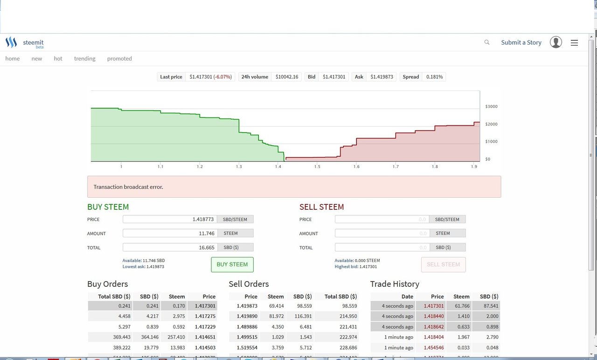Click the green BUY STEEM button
pos(232,264)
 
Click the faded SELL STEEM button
pos(443,264)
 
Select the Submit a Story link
pos(521,42)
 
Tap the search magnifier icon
pos(487,42)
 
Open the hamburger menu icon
pos(574,43)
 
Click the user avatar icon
pos(555,42)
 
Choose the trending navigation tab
pos(84,59)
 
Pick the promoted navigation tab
pos(119,59)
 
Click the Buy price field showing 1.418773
pos(170,219)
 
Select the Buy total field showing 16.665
pos(170,248)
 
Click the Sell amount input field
pos(382,233)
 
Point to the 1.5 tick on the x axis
pos(317,166)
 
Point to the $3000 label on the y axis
pos(491,106)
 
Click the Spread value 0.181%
pos(434,77)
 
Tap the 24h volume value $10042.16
pos(287,77)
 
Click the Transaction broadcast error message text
pos(128,187)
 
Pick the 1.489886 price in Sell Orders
pos(247,327)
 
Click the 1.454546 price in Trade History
pos(434,347)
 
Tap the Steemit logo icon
pos(11,42)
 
